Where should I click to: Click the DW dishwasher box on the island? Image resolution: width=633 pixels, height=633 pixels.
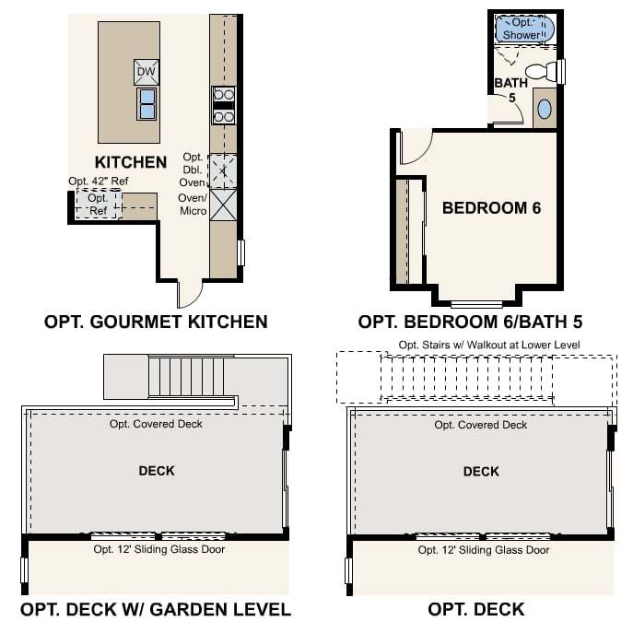pos(147,72)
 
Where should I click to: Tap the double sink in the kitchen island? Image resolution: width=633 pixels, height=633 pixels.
pos(147,104)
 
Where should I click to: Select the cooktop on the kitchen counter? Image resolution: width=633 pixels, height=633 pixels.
pos(223,105)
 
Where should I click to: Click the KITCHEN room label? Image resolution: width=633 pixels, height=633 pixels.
pos(131,162)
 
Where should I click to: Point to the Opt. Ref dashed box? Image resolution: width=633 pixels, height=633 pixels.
pos(99,204)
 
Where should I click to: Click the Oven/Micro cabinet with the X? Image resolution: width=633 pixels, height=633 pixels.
pos(223,205)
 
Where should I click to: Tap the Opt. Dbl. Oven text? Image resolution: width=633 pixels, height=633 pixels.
pos(193,170)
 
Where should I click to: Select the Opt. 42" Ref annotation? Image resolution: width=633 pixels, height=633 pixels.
pos(98,181)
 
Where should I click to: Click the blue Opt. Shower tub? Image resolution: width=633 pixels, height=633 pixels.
pos(524,29)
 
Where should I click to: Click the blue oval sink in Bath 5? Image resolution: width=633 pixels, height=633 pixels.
pos(545,109)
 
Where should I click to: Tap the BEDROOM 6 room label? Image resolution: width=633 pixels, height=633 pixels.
pos(491,208)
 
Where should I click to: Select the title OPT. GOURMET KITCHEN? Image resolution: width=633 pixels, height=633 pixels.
pos(156,322)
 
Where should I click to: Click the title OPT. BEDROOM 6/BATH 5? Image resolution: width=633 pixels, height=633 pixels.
pos(470,322)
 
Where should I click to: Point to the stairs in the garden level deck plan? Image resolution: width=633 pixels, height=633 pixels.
pos(186,377)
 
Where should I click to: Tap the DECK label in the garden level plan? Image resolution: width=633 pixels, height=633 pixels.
pos(157,471)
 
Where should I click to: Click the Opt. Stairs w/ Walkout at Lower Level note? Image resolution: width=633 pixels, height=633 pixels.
pos(489,346)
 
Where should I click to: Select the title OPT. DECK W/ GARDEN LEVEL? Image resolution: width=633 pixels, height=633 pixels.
pos(156,609)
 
